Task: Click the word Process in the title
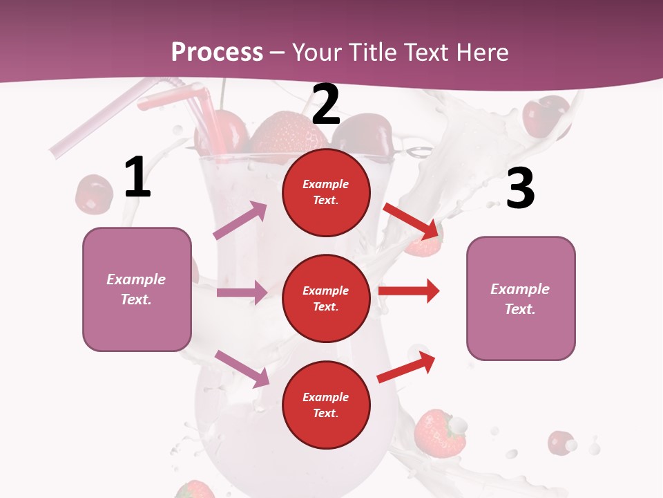point(217,53)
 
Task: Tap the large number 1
point(137,178)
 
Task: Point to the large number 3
point(520,188)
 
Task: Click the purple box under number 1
point(137,289)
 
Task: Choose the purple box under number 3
point(521,298)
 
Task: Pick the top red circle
point(326,192)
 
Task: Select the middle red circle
point(326,298)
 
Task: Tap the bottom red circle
point(326,405)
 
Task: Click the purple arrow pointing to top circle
point(240,221)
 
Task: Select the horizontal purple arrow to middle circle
point(242,293)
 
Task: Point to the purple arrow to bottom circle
point(242,369)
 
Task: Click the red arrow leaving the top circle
point(411,219)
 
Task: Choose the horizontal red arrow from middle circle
point(409,290)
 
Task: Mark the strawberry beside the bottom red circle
point(439,433)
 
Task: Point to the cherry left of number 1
point(94,193)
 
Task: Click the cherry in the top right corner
point(546,116)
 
